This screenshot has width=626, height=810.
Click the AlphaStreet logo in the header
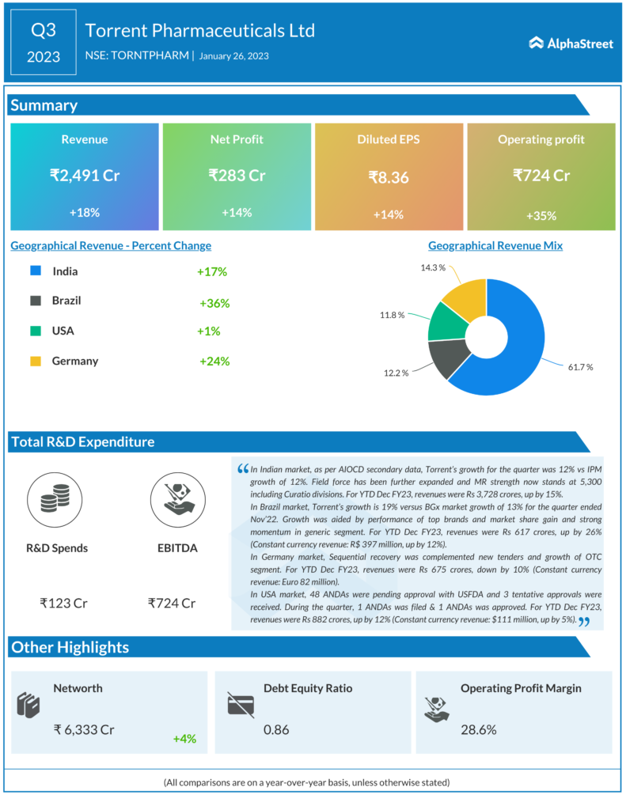click(x=571, y=44)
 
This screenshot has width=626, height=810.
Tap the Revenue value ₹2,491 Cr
click(x=85, y=175)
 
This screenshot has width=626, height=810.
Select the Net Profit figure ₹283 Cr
click(x=237, y=175)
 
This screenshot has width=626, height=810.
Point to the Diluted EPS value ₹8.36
click(x=389, y=178)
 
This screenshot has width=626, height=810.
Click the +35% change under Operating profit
click(x=541, y=215)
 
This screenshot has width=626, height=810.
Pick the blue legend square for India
click(x=35, y=271)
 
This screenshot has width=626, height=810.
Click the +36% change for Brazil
click(x=214, y=303)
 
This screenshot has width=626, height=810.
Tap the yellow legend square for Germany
click(x=35, y=361)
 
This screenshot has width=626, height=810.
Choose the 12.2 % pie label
click(x=395, y=373)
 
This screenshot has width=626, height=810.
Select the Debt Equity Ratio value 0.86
click(x=276, y=729)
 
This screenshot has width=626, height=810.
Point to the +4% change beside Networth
click(x=184, y=739)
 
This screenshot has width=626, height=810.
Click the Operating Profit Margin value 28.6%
click(x=479, y=729)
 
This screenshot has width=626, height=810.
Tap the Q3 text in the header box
click(x=44, y=30)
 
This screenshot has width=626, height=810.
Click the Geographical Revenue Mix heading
click(x=495, y=245)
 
